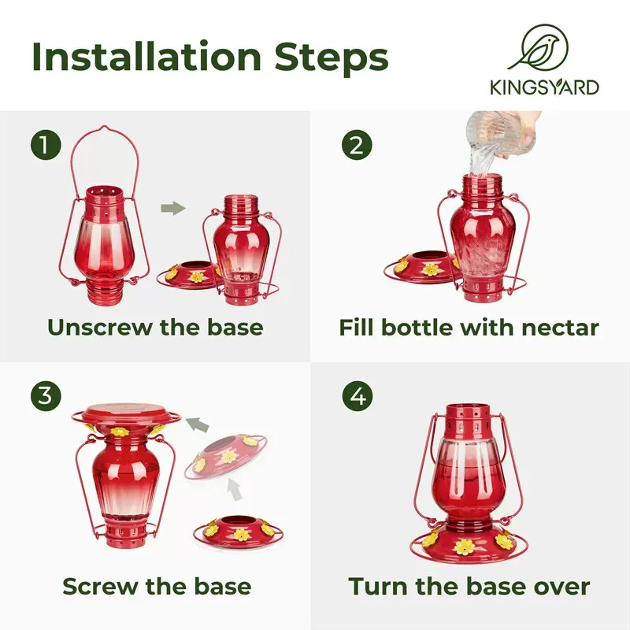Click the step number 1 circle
pos(46,144)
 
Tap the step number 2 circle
pos(356,144)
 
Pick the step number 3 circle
pos(46,396)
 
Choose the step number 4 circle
pos(356,396)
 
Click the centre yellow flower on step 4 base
pos(462,547)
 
